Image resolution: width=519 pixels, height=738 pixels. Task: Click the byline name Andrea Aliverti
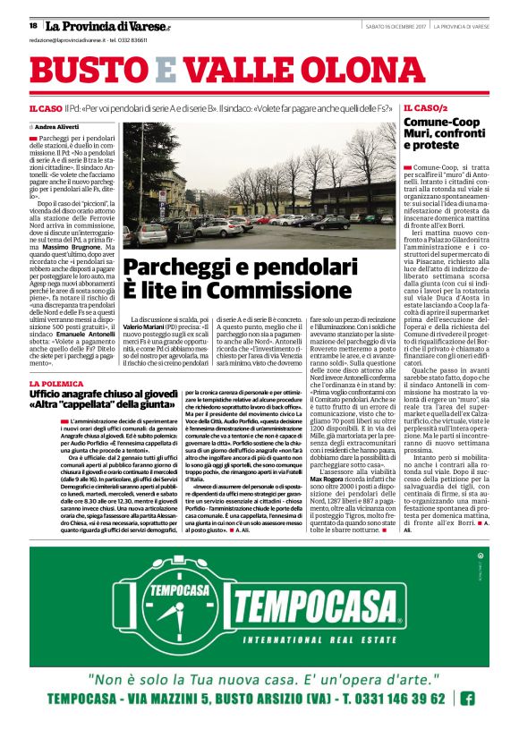tap(60, 128)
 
